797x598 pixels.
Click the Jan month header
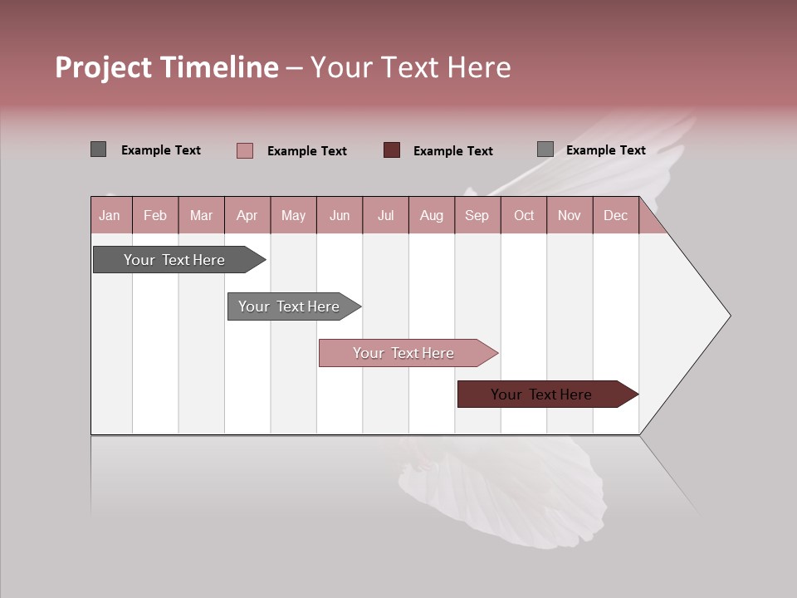tap(110, 215)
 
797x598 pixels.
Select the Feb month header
tap(155, 215)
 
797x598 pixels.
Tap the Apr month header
tap(247, 215)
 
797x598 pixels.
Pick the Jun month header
tap(340, 215)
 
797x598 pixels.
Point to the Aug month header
tap(432, 215)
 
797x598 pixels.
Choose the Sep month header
tap(477, 215)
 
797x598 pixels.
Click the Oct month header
tap(524, 215)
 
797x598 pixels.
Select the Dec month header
tap(615, 215)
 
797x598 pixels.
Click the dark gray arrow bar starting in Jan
tap(174, 260)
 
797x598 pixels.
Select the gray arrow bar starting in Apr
tap(289, 306)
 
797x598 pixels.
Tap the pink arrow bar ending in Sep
tap(403, 353)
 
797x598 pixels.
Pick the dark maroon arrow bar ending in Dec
tap(541, 395)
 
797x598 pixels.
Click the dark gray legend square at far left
tap(98, 149)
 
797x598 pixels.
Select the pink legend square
tap(244, 150)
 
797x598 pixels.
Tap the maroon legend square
tap(392, 149)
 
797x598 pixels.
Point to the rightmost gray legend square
tap(545, 149)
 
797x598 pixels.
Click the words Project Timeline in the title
tap(166, 67)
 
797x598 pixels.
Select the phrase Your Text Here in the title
tap(410, 67)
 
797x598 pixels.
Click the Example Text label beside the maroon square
tap(453, 150)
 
